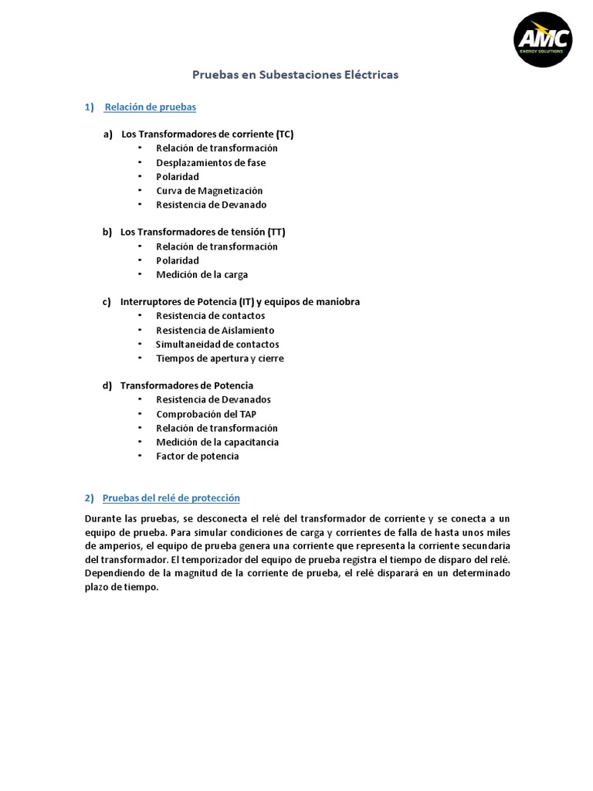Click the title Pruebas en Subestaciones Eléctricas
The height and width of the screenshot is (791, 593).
click(295, 75)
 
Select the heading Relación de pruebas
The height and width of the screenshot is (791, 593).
click(150, 107)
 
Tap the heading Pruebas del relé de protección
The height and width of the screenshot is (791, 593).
click(171, 497)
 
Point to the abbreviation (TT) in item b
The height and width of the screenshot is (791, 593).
click(277, 232)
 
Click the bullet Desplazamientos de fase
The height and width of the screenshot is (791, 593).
click(210, 162)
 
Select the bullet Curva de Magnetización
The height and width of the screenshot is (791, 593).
click(208, 190)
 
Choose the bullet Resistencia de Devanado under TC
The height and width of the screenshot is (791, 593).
click(211, 205)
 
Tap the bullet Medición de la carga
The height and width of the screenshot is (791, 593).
click(202, 274)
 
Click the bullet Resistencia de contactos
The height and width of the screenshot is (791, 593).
click(210, 315)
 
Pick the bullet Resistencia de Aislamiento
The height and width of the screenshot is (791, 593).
click(215, 330)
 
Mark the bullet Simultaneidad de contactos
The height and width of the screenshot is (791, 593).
click(217, 344)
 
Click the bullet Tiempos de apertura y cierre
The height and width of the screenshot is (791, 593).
click(219, 358)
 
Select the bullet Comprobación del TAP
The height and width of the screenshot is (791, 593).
click(206, 414)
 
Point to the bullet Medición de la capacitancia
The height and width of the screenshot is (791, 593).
click(217, 442)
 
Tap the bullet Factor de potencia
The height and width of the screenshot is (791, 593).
click(197, 456)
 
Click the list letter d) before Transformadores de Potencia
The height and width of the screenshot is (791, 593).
click(107, 385)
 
